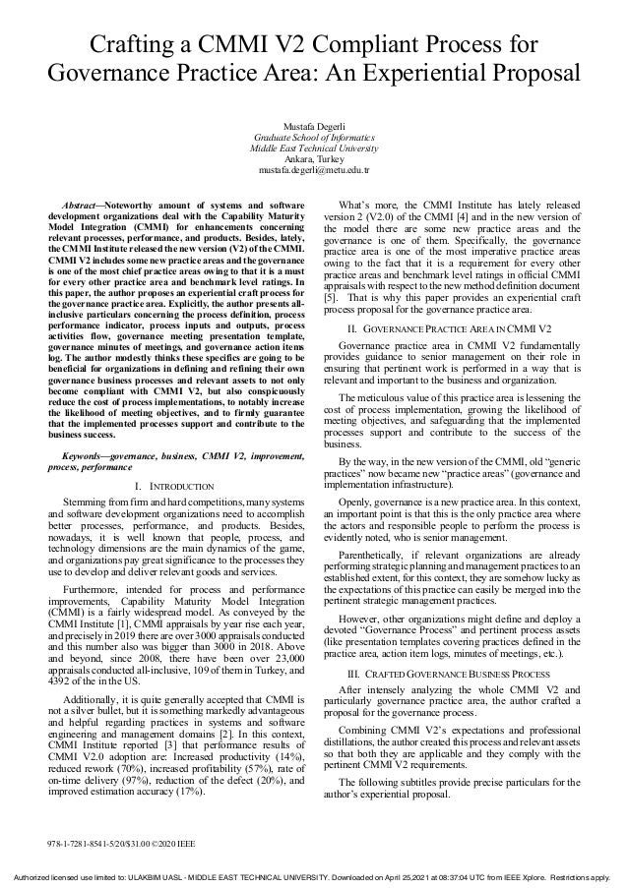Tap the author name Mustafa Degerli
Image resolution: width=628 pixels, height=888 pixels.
[x=313, y=128]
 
